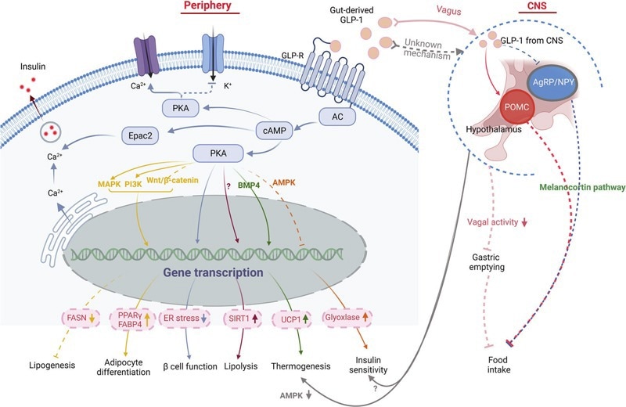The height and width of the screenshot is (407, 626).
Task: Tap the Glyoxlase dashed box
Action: point(349,318)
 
